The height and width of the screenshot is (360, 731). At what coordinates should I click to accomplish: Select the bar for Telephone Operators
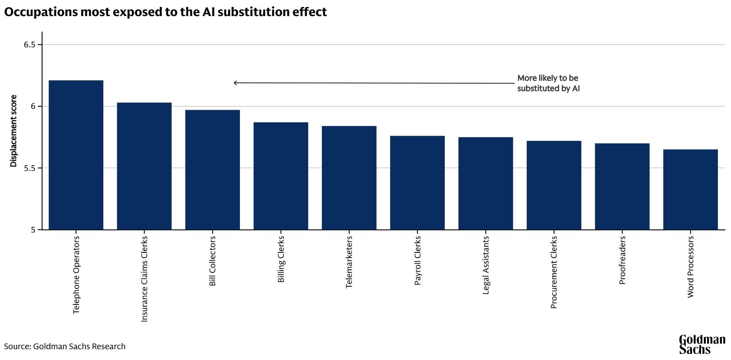76,155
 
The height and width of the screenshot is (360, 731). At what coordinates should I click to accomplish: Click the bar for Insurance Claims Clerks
144,166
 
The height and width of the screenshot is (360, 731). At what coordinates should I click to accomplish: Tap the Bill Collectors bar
213,170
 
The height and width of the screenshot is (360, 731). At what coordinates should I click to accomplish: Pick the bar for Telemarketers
349,178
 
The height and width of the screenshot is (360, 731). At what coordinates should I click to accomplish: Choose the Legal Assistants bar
485,183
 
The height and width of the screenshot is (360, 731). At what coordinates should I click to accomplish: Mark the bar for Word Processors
690,190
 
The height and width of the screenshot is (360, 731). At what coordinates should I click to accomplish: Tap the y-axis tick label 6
33,107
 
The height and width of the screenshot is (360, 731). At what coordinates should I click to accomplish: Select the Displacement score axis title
13,131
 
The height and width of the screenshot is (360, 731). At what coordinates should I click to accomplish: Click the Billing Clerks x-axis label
281,259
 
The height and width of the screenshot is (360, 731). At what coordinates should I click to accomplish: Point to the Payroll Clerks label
417,261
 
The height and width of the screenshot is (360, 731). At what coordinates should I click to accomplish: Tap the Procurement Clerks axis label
554,272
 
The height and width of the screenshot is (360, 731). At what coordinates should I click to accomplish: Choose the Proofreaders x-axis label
622,260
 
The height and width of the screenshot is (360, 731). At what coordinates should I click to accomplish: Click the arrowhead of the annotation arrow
235,83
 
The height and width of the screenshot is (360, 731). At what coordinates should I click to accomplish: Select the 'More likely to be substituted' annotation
548,83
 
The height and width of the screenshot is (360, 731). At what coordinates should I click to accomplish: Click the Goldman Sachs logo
701,344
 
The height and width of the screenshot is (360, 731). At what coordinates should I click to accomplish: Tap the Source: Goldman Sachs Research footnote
65,347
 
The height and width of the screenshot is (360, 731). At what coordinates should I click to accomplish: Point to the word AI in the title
208,12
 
